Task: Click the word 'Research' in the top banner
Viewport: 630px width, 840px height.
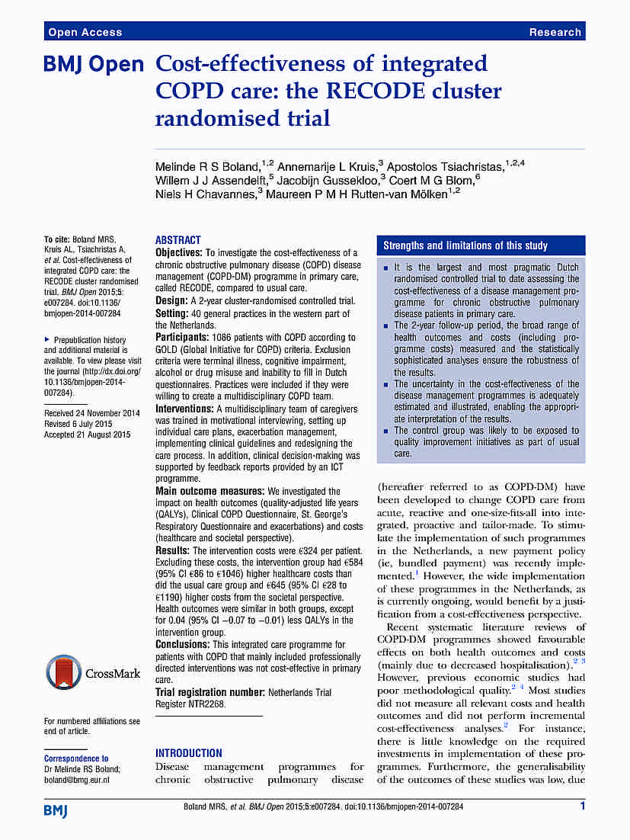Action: tap(555, 32)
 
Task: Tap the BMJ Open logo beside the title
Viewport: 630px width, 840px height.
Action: tap(94, 66)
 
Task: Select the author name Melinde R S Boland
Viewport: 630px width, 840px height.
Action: tap(209, 166)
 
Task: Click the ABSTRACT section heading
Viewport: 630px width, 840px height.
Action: tap(178, 239)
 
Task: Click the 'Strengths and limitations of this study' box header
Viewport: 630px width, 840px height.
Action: tap(465, 245)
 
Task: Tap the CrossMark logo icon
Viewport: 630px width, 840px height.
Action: tap(64, 672)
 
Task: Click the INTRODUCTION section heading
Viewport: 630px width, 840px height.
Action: tap(189, 752)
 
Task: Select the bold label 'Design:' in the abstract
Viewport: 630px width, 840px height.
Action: tap(173, 300)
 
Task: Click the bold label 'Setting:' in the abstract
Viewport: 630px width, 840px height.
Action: tap(174, 313)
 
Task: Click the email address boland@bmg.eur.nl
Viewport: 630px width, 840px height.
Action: tap(77, 780)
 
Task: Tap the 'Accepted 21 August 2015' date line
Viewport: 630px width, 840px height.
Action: tap(88, 434)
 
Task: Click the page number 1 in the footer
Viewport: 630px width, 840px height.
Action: tap(582, 806)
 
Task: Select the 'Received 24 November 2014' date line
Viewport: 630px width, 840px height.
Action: tap(92, 413)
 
